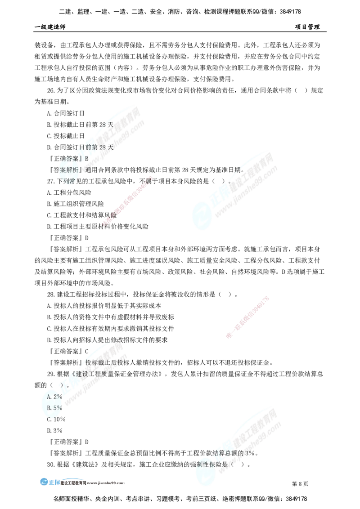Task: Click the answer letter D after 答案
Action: coord(86,159)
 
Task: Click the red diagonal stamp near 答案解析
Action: coord(129,200)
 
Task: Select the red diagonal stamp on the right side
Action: coord(248,317)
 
